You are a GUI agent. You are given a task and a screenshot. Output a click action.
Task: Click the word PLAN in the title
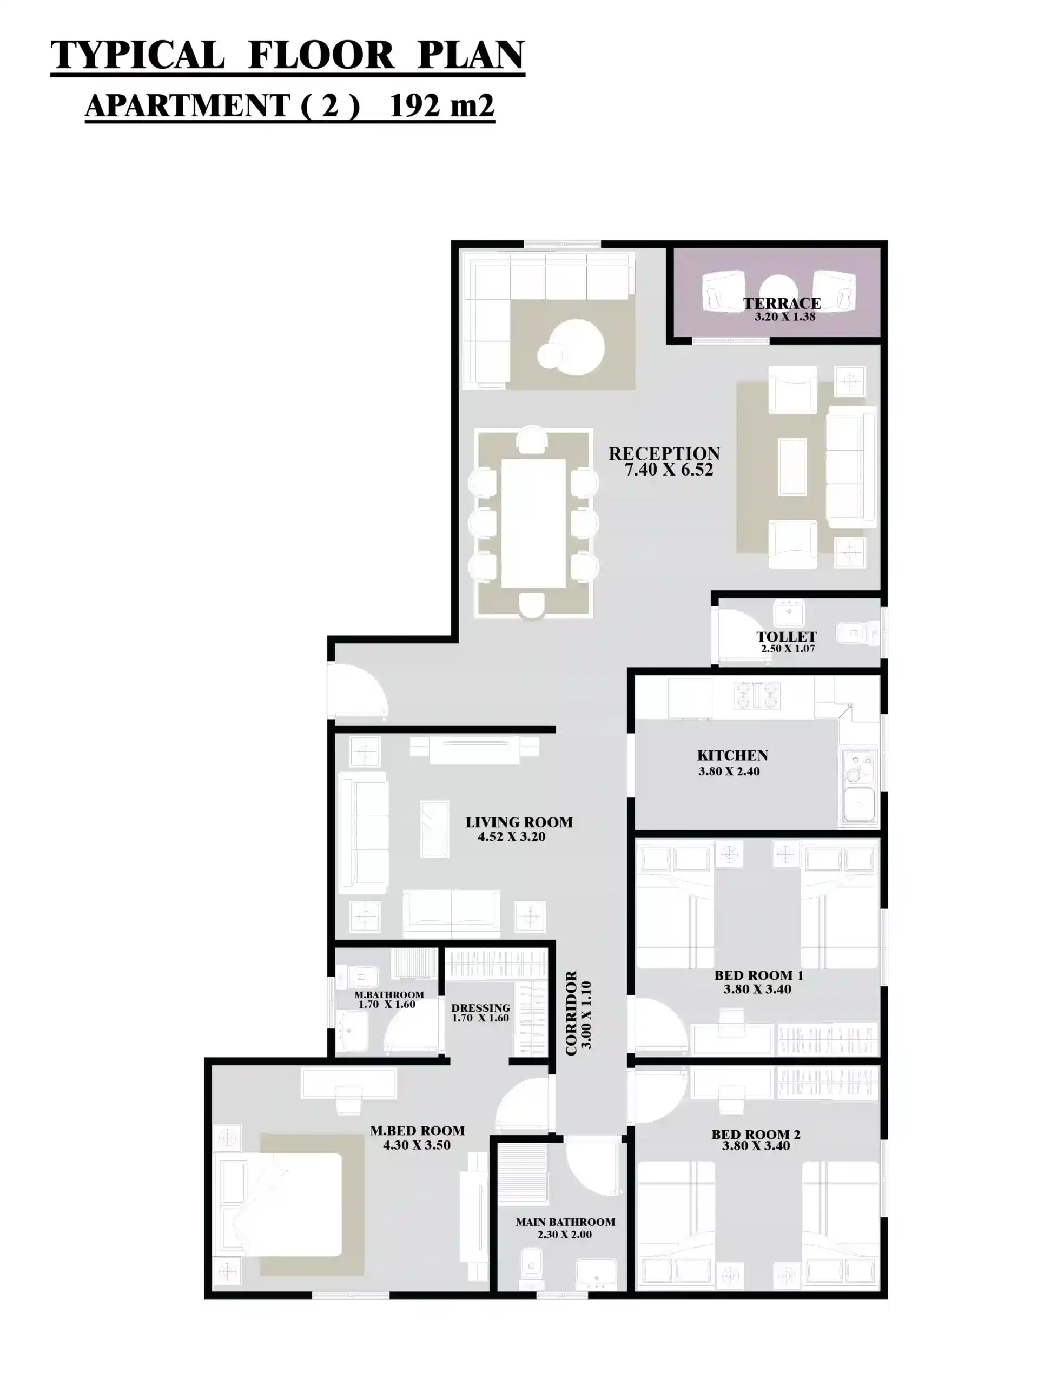point(471,55)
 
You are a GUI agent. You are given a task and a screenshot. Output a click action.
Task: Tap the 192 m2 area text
point(441,105)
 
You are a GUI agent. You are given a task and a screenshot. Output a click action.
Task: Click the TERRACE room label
point(782,304)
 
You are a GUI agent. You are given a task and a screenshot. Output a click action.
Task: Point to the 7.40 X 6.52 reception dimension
point(669,470)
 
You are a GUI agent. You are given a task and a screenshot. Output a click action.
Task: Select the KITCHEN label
point(732,755)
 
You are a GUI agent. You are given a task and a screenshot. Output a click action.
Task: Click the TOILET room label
point(787,637)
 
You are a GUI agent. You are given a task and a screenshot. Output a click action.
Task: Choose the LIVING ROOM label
point(519,822)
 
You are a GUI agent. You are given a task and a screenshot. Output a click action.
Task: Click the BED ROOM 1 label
point(758,975)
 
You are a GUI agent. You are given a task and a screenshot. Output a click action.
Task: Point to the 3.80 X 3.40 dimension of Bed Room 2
point(756,1145)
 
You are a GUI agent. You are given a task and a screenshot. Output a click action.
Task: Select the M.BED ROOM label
point(417,1131)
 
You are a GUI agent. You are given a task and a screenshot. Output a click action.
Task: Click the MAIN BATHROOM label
point(565,1222)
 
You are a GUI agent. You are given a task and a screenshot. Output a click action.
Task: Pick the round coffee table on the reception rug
point(576,347)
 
